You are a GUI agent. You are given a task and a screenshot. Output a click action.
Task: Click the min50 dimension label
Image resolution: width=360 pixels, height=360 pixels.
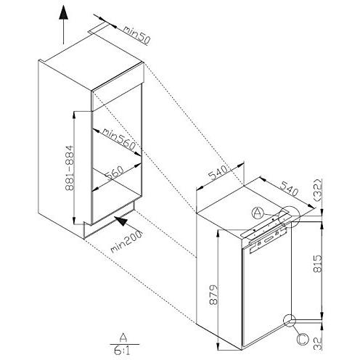pyautogui.click(x=136, y=35)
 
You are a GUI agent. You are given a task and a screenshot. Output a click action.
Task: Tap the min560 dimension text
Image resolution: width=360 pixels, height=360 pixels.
pyautogui.click(x=118, y=139)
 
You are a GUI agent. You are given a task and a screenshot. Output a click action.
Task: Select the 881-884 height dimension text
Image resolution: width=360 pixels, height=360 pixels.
pyautogui.click(x=70, y=168)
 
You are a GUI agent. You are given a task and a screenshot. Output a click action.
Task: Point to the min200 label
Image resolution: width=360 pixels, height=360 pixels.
pyautogui.click(x=126, y=241)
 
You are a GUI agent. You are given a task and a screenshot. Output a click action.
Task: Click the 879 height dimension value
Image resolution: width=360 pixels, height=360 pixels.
pyautogui.click(x=213, y=295)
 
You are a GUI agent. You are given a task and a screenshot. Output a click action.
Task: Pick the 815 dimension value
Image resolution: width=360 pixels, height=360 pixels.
pyautogui.click(x=318, y=263)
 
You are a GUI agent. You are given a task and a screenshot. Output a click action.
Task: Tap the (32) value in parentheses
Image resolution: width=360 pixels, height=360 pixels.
pyautogui.click(x=318, y=189)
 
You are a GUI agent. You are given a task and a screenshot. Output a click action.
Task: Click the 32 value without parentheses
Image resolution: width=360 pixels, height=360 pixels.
pyautogui.click(x=318, y=343)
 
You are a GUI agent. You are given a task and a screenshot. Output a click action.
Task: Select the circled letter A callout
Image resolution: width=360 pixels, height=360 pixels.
pyautogui.click(x=257, y=213)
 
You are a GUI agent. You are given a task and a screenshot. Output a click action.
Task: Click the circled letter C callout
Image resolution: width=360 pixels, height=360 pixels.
pyautogui.click(x=303, y=339)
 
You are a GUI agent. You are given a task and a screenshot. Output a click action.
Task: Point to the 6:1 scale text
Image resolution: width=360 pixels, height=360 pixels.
pyautogui.click(x=122, y=351)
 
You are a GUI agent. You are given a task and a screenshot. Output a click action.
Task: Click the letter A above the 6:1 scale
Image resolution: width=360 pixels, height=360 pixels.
pyautogui.click(x=123, y=337)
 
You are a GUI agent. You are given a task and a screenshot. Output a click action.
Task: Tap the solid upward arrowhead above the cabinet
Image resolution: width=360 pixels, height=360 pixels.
pyautogui.click(x=63, y=12)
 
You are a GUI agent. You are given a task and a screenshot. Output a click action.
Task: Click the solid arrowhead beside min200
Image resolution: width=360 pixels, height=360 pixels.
pyautogui.click(x=121, y=221)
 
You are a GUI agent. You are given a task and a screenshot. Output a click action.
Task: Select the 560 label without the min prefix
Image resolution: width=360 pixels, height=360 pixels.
pyautogui.click(x=115, y=173)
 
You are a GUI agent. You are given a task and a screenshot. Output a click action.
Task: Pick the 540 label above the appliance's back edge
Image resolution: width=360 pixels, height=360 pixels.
pyautogui.click(x=218, y=173)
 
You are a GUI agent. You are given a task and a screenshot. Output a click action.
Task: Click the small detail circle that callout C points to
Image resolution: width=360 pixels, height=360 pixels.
pyautogui.click(x=290, y=321)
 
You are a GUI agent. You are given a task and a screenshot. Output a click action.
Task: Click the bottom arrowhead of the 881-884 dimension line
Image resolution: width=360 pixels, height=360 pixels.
pyautogui.click(x=74, y=221)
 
